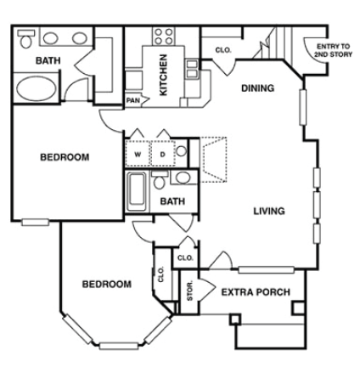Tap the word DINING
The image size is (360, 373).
(x=257, y=88)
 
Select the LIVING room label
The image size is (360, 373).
(x=268, y=211)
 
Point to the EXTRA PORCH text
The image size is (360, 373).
(x=255, y=292)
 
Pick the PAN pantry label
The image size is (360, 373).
(x=132, y=99)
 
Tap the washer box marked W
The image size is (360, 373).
(x=137, y=154)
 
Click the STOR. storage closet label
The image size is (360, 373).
(x=188, y=291)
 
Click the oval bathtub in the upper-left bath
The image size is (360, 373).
(x=35, y=89)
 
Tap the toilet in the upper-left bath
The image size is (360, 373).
(x=25, y=39)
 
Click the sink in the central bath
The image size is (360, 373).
(x=182, y=178)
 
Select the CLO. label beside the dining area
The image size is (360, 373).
(x=222, y=51)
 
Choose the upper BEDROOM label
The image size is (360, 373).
(x=65, y=156)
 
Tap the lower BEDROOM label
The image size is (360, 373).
(x=106, y=285)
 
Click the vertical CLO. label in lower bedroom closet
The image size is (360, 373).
(x=161, y=274)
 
